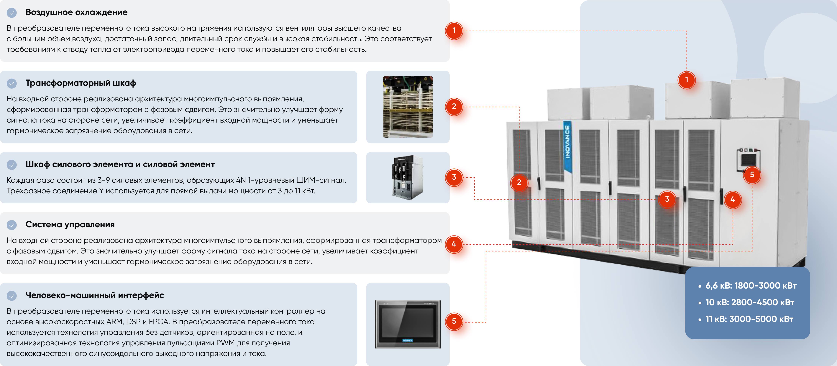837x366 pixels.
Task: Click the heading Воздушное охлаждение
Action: pyautogui.click(x=76, y=12)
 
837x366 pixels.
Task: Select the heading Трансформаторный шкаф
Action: pyautogui.click(x=81, y=83)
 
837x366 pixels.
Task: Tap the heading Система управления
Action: pyautogui.click(x=70, y=225)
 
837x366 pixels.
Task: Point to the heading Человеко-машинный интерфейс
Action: pyautogui.click(x=95, y=295)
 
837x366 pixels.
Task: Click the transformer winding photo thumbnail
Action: pyautogui.click(x=408, y=107)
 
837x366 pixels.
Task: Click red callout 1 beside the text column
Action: pyautogui.click(x=454, y=31)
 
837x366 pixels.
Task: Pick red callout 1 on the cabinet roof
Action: pyautogui.click(x=687, y=80)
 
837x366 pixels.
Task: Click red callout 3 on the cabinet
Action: pyautogui.click(x=667, y=199)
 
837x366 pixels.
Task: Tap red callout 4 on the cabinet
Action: pyautogui.click(x=732, y=199)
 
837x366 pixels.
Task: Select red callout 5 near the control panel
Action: pyautogui.click(x=752, y=175)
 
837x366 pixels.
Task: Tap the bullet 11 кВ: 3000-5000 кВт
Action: pyautogui.click(x=746, y=319)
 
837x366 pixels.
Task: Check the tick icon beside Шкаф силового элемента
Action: pyautogui.click(x=12, y=165)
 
